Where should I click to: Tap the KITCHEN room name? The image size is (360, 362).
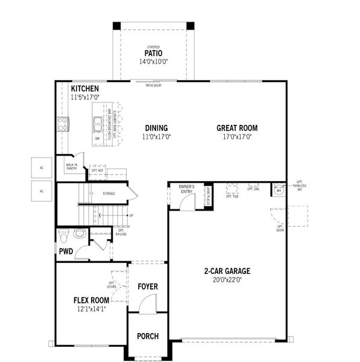click(84, 89)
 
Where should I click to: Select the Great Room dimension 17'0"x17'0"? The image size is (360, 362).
click(237, 137)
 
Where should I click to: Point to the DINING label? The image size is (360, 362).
click(156, 128)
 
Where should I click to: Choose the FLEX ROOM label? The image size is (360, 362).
click(91, 300)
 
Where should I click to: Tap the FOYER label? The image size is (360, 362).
click(147, 286)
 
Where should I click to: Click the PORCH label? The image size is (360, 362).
click(147, 336)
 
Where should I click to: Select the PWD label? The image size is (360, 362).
click(65, 250)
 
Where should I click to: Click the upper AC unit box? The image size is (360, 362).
click(42, 168)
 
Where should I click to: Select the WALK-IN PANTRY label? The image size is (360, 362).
click(71, 167)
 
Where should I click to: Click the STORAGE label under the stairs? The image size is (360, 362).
click(109, 194)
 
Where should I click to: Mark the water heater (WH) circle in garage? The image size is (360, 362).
click(279, 191)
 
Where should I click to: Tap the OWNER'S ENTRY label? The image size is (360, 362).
click(186, 189)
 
